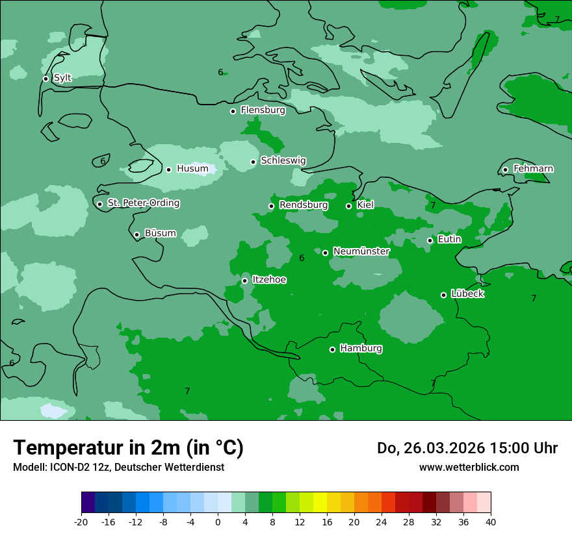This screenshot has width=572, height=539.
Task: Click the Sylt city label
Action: (62, 78)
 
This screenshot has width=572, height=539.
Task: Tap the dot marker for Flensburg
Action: (233, 111)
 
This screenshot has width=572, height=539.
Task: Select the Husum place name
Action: (192, 169)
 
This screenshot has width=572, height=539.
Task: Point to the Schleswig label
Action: (283, 160)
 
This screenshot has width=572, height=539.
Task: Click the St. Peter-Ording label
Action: (143, 203)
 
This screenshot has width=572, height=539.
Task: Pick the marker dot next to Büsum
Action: (136, 234)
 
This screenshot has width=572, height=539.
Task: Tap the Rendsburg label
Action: (303, 205)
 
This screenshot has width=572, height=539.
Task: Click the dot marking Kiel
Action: (348, 206)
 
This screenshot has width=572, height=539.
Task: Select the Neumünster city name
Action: (361, 251)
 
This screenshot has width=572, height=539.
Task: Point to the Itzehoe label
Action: (269, 280)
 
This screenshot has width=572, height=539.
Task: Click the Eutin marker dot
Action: (430, 240)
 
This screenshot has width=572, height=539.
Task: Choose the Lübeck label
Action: (467, 294)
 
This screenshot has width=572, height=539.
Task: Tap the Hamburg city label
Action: (361, 348)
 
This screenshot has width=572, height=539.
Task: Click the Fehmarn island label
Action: (533, 169)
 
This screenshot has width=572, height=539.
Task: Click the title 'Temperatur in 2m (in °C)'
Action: (128, 447)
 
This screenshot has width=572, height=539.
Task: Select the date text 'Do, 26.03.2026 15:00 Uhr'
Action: (467, 448)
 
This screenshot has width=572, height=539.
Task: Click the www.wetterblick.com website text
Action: (469, 467)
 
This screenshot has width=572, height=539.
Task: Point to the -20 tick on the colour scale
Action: (81, 522)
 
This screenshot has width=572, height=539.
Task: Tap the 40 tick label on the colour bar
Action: (491, 522)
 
